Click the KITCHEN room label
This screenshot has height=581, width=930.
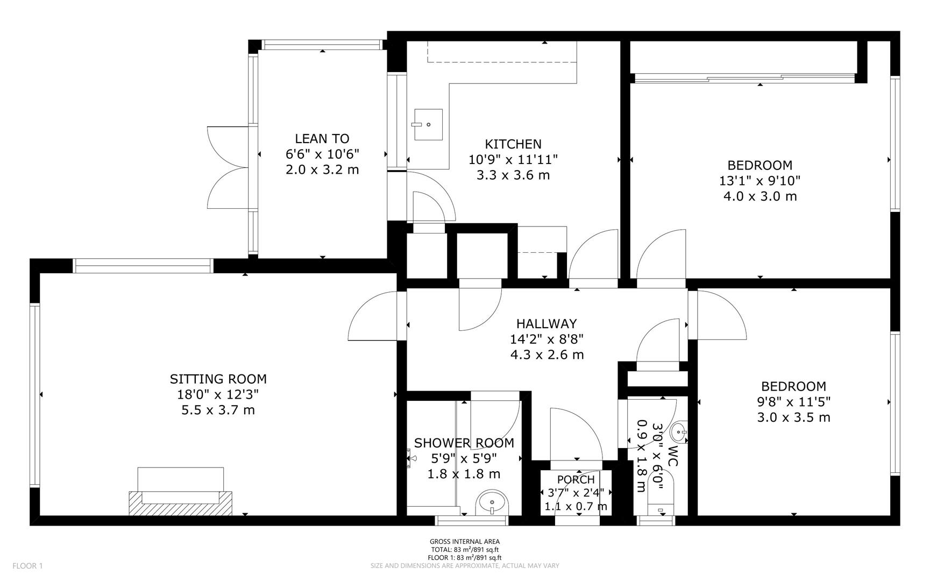[513, 144]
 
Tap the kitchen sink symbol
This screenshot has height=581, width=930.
[428, 124]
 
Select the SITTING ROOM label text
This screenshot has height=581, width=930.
[218, 379]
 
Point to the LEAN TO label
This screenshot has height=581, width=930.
[322, 139]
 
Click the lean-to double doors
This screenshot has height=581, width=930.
[228, 168]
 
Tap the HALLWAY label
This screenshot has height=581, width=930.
[546, 324]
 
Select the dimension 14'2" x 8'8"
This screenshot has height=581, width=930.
[546, 339]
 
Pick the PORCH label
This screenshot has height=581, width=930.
[576, 479]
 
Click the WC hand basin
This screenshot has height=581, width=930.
[680, 431]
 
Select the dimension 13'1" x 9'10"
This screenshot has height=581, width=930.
[759, 181]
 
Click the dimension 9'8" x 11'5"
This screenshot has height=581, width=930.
[793, 402]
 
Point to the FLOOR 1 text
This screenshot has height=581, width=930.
[27, 566]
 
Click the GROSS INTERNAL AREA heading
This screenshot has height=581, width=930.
[464, 542]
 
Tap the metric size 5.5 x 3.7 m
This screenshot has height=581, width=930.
[218, 410]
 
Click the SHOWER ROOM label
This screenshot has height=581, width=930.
[464, 443]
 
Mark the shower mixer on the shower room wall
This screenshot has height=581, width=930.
[411, 460]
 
